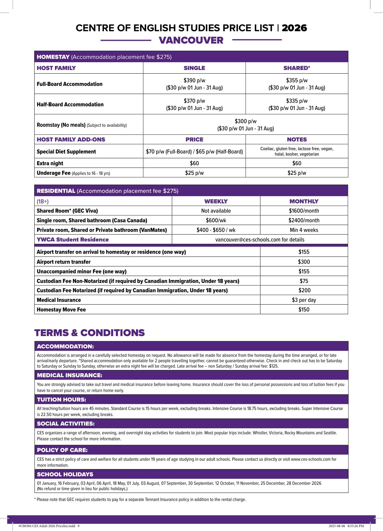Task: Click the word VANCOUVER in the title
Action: coord(191,40)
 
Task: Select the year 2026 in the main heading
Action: coord(294,28)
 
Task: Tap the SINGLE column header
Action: coord(194,68)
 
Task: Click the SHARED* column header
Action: coord(297,68)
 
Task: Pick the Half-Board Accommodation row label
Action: coord(70,105)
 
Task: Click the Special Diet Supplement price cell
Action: coord(194,152)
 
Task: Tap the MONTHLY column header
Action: coord(304,201)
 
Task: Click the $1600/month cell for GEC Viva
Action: coord(304,211)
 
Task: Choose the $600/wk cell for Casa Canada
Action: coord(216,220)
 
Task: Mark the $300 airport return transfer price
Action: coord(304,262)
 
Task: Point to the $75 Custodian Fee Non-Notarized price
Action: coord(304,281)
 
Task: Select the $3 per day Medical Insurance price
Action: coord(304,300)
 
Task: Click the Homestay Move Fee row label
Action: coord(61,310)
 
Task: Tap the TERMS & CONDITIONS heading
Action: coord(90,333)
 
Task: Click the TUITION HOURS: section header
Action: coord(62,400)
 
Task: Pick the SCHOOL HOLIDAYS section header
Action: coord(65,475)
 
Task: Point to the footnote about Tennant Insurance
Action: coord(140,499)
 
